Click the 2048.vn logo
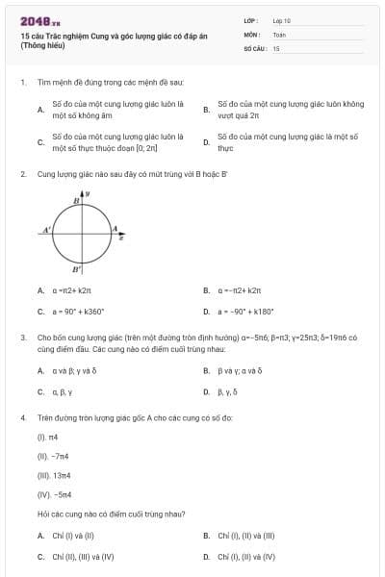[39, 20]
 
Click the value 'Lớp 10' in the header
[281, 19]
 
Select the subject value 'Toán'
[279, 34]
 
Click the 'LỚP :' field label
[252, 19]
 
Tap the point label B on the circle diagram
[76, 200]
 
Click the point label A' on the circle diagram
[46, 231]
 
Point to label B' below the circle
[77, 271]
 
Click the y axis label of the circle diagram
[88, 194]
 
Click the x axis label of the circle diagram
[121, 236]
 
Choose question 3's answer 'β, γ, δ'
[227, 392]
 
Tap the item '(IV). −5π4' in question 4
[50, 494]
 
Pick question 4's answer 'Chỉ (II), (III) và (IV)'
[83, 557]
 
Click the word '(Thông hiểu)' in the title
[42, 44]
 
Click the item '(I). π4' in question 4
[44, 438]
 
